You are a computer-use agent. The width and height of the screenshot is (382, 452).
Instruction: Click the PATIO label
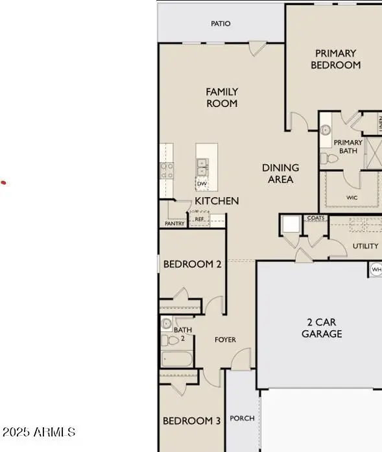point(221,24)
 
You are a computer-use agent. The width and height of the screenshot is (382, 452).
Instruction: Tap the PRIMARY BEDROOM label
point(335,59)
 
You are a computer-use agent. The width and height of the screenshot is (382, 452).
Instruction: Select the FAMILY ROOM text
point(222,97)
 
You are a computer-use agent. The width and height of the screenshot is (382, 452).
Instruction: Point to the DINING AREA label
point(281,173)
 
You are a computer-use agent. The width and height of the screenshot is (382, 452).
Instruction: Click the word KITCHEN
point(217,201)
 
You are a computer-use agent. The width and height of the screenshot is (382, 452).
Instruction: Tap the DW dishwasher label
point(202,184)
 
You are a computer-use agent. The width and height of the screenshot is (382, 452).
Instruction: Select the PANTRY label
point(174,224)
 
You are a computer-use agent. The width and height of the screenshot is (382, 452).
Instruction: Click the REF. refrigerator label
point(200,220)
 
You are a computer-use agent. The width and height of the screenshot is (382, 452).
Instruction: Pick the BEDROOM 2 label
point(193,264)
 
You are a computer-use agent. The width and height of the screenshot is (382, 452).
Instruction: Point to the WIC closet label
point(352,198)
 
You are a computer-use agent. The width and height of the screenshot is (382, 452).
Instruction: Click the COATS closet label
point(316,219)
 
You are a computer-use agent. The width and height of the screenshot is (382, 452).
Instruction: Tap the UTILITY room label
point(365,246)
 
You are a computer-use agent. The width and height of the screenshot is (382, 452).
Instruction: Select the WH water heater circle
point(376,269)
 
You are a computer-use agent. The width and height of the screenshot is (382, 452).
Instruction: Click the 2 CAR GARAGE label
point(322,328)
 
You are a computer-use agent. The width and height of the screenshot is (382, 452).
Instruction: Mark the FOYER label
point(225,340)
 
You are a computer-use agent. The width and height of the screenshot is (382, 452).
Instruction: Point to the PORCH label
point(242,418)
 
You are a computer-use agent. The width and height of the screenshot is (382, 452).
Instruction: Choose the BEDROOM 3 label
point(191,421)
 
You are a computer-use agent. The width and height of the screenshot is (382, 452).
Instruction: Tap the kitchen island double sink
point(202,167)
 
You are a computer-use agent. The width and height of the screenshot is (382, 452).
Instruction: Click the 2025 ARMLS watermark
point(39,432)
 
